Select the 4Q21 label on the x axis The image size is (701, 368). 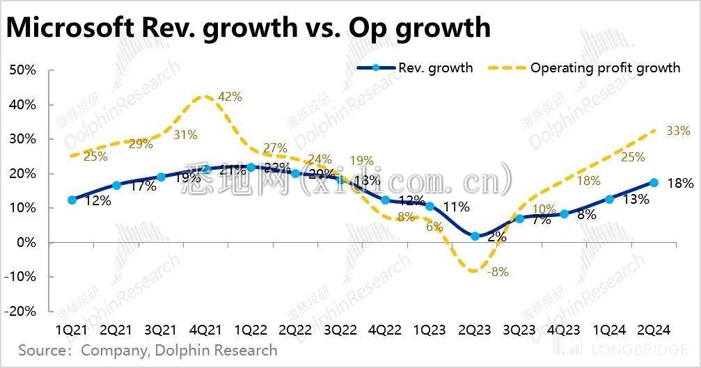click(x=206, y=327)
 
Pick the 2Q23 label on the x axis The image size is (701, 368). click(x=475, y=327)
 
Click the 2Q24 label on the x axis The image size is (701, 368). click(x=654, y=327)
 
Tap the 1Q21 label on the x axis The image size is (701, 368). click(x=72, y=327)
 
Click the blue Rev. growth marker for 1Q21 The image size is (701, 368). click(x=72, y=200)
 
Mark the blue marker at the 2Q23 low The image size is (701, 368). click(x=475, y=236)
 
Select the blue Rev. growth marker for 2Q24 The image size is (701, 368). click(x=654, y=182)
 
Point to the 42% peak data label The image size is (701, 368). click(x=230, y=97)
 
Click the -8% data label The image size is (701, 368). click(x=498, y=272)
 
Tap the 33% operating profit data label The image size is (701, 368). click(x=677, y=131)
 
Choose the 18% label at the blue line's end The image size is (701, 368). click(x=680, y=184)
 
